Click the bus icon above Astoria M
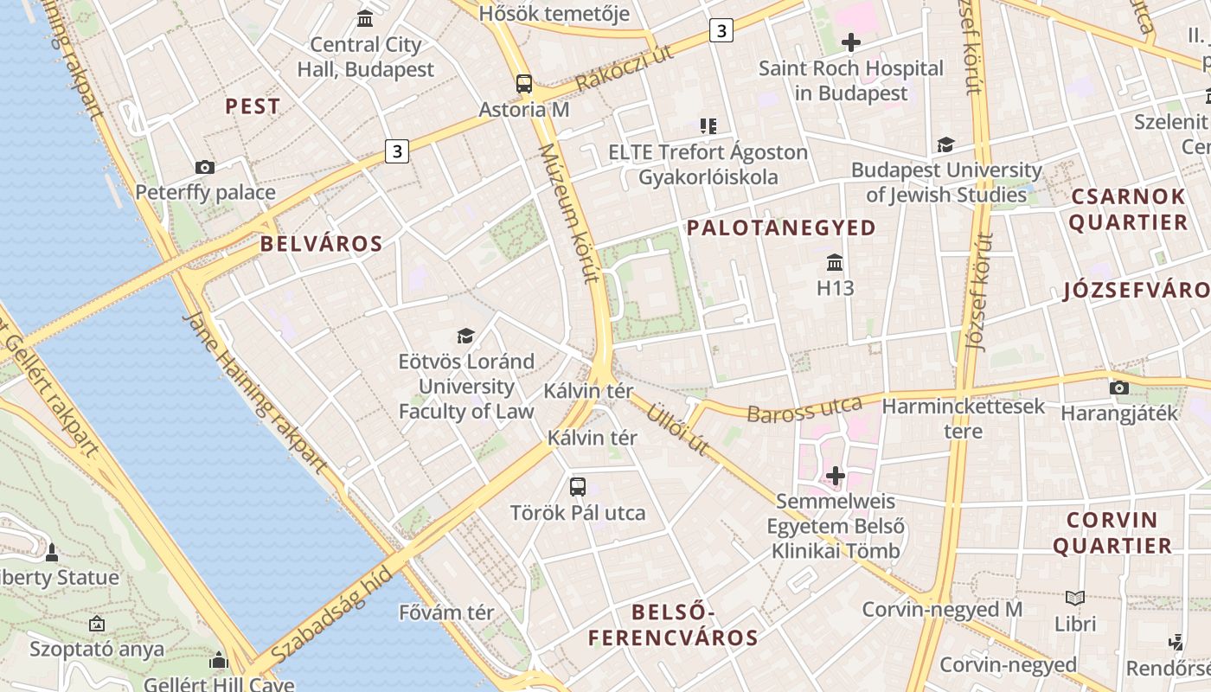pyautogui.click(x=524, y=84)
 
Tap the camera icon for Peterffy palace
pyautogui.click(x=205, y=167)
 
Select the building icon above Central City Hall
pyautogui.click(x=365, y=18)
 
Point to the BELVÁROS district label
pyautogui.click(x=322, y=244)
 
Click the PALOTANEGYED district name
pyautogui.click(x=781, y=228)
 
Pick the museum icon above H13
pyautogui.click(x=835, y=262)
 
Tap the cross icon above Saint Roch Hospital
pyautogui.click(x=851, y=42)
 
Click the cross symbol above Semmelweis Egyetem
pyautogui.click(x=836, y=475)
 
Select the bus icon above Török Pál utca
pyautogui.click(x=578, y=487)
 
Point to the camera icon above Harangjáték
pyautogui.click(x=1119, y=388)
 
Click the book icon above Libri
pyautogui.click(x=1075, y=598)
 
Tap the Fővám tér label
pyautogui.click(x=446, y=612)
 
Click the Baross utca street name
pyautogui.click(x=804, y=410)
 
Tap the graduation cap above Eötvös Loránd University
pyautogui.click(x=466, y=336)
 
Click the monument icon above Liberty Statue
pyautogui.click(x=52, y=552)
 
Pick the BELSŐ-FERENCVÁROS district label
pyautogui.click(x=673, y=625)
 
